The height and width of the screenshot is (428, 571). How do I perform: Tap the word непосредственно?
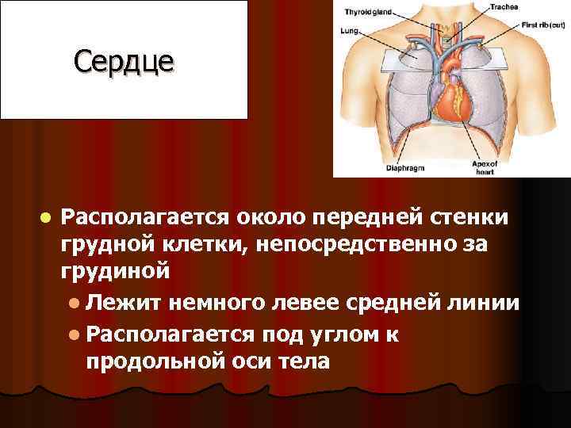[x=362, y=244]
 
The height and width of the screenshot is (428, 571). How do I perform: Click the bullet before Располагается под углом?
[x=73, y=334]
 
